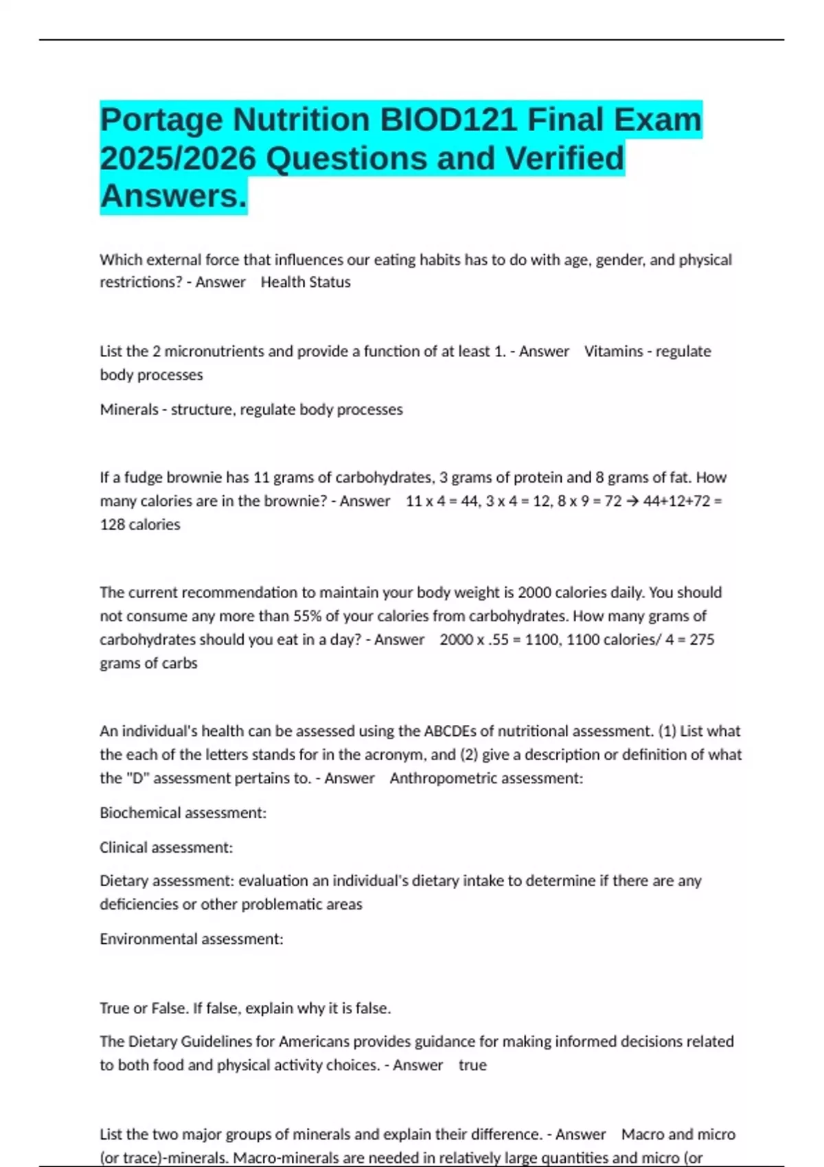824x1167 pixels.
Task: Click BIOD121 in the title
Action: click(x=448, y=119)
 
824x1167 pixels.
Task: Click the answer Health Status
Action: click(x=306, y=282)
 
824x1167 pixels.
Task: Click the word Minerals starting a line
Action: click(x=128, y=410)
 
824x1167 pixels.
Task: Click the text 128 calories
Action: click(x=140, y=524)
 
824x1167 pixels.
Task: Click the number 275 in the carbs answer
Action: click(x=702, y=640)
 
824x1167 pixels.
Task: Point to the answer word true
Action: click(x=472, y=1065)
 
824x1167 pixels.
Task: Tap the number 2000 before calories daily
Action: click(x=534, y=592)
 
